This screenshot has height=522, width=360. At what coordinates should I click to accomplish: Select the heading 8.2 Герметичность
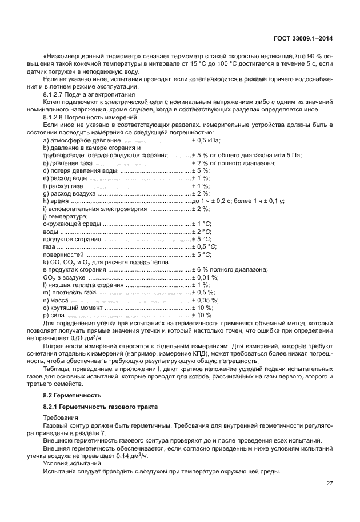(x=72, y=395)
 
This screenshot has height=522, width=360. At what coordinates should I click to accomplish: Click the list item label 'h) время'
(x=56, y=201)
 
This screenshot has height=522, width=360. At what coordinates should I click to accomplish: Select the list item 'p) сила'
(x=54, y=314)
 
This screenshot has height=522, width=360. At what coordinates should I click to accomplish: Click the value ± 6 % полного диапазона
(x=230, y=269)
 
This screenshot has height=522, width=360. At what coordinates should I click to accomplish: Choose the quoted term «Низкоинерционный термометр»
(x=92, y=57)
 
